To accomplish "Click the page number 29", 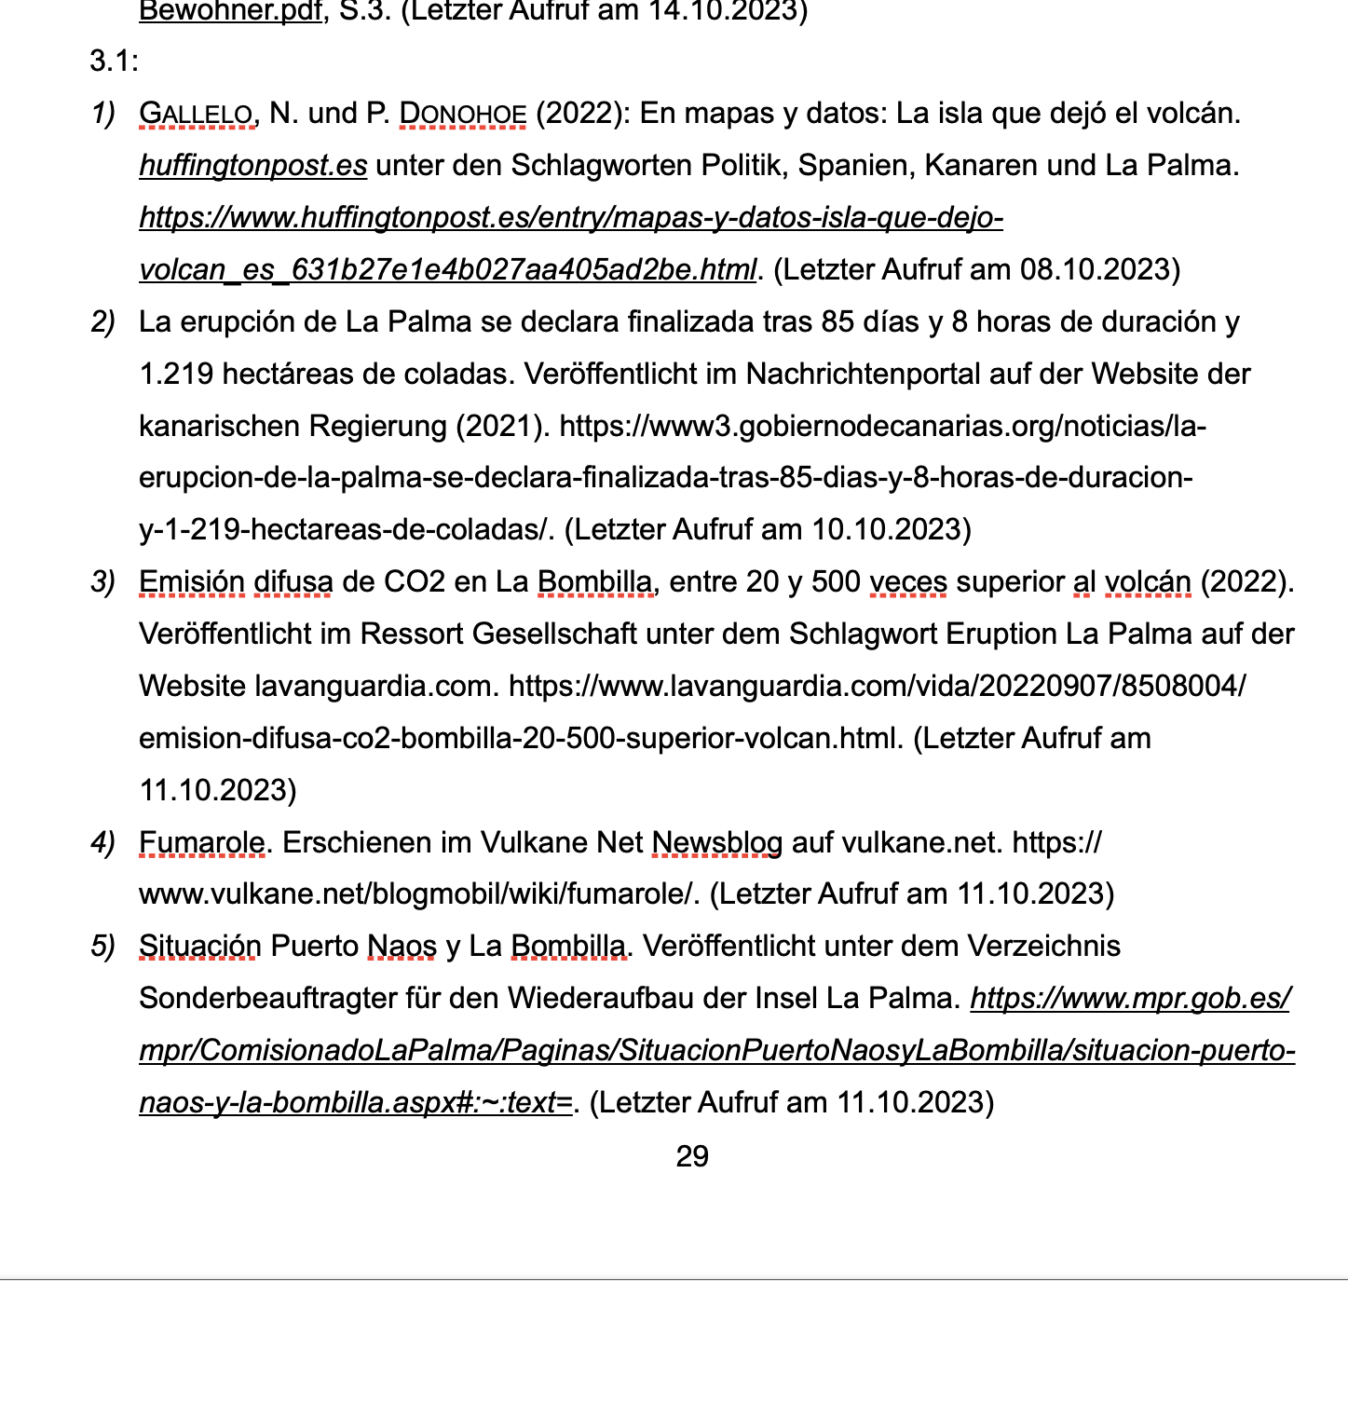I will click(x=692, y=1156).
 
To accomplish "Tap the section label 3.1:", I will click(x=114, y=61).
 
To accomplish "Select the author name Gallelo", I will click(x=196, y=114).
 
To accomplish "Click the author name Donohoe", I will click(x=462, y=114).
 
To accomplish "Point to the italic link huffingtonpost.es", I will click(x=252, y=166).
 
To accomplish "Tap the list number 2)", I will click(x=102, y=322).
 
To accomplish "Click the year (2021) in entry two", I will click(x=502, y=426).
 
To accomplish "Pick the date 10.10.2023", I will click(x=891, y=530).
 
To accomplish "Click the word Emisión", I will click(x=191, y=582).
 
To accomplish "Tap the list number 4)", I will click(x=102, y=843).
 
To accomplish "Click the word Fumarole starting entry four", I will click(x=201, y=843).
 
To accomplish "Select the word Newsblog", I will click(x=716, y=843).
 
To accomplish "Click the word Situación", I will click(x=199, y=947).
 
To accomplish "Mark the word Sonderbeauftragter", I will click(x=266, y=999).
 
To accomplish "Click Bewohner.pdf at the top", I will click(x=230, y=12).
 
